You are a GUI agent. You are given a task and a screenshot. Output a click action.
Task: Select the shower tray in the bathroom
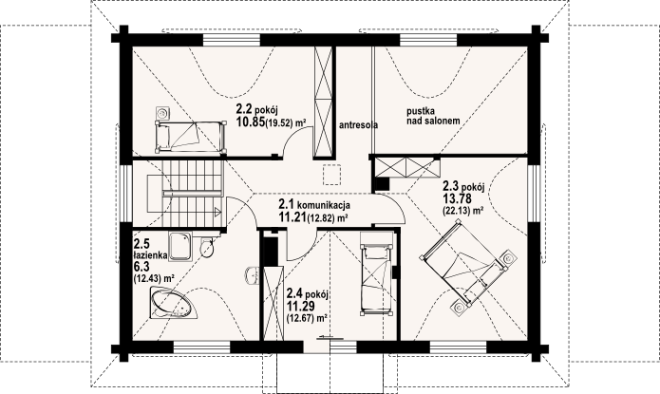point(180,246)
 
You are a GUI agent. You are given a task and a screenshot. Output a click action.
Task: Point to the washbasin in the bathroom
point(252,276)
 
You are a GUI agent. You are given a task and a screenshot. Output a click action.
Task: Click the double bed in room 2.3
point(467,264)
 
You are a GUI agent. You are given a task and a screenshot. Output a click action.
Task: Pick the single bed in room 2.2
point(190,137)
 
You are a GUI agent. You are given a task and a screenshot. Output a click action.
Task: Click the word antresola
point(358,125)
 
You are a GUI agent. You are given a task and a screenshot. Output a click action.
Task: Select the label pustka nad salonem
point(433,116)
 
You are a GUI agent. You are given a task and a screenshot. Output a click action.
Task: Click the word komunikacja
point(324,205)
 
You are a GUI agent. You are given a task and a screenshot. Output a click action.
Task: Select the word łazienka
point(150,255)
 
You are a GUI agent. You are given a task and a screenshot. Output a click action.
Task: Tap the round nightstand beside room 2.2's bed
point(162,112)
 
